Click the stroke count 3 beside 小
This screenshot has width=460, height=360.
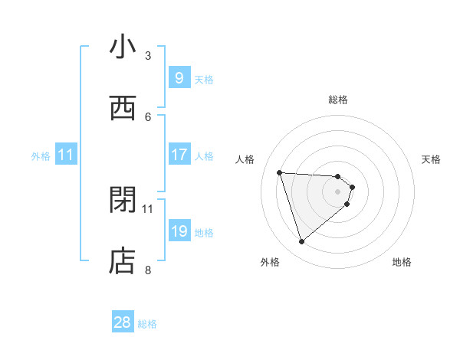148,55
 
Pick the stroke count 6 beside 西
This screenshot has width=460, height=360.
148,116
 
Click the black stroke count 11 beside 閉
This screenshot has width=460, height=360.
148,208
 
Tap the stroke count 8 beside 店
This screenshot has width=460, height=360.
148,270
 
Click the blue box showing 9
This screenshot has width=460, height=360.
179,78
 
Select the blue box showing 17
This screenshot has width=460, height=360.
179,155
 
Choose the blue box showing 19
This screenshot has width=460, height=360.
179,231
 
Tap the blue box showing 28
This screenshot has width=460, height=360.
123,322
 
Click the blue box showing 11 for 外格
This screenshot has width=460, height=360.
66,155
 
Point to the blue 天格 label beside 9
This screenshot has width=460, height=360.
204,80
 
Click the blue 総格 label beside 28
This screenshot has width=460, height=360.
147,324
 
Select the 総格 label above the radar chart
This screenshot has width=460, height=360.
338,100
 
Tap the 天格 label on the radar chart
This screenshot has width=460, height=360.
432,159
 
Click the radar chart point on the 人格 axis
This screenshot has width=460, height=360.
280,172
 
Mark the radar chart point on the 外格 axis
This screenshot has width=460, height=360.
301,242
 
